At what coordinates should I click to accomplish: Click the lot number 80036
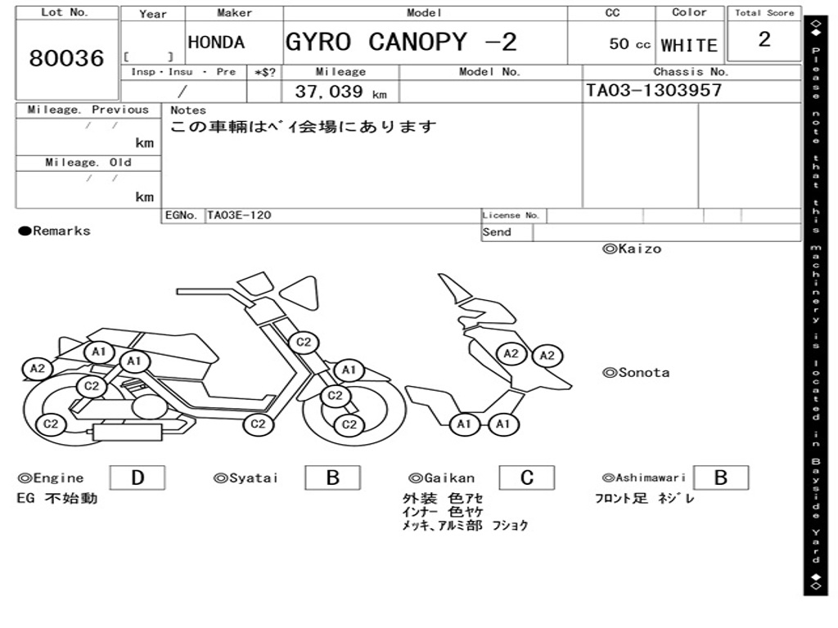point(67,58)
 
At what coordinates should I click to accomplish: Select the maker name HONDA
point(216,43)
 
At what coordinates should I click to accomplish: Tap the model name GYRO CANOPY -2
point(401,42)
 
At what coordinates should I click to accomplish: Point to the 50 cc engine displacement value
point(629,44)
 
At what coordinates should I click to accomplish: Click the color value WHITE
point(689,45)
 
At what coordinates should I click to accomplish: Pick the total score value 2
point(764,39)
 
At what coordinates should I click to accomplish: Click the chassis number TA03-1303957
point(654,90)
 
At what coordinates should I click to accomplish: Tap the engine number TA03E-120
point(239,216)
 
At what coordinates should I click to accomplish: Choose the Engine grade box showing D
point(137,478)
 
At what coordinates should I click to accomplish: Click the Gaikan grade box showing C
point(527,478)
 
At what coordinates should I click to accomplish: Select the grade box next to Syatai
point(332,478)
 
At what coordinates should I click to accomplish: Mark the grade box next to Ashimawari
point(720,478)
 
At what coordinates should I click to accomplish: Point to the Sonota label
point(636,373)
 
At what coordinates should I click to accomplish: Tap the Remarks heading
point(55,231)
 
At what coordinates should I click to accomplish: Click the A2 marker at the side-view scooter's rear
point(38,369)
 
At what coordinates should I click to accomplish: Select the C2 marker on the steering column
point(304,342)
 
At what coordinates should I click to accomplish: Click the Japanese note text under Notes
point(304,128)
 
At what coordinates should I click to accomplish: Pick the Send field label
point(497,232)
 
